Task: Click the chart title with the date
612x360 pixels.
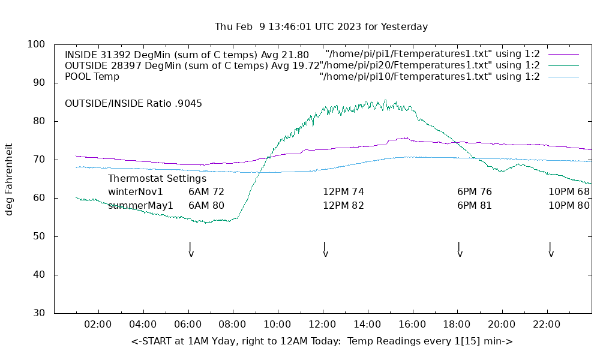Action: [321, 27]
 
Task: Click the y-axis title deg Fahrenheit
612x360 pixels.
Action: [9, 179]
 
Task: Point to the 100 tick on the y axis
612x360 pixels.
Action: [37, 44]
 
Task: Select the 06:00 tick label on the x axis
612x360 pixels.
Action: [188, 325]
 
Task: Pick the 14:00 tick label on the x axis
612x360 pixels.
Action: [367, 325]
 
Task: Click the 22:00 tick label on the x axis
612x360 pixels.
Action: [547, 325]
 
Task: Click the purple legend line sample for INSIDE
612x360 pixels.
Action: [563, 54]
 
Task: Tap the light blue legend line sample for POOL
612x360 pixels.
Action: [563, 77]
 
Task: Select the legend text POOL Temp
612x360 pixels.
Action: [92, 77]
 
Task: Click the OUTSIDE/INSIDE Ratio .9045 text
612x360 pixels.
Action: [133, 103]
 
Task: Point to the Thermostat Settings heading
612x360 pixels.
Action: [157, 178]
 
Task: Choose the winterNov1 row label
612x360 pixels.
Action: [136, 192]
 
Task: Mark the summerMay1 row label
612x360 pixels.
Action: [140, 205]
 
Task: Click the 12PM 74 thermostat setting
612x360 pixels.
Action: [343, 192]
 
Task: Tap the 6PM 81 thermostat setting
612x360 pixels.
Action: [475, 205]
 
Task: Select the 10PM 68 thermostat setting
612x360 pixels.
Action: [569, 192]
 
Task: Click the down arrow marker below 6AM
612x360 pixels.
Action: [191, 250]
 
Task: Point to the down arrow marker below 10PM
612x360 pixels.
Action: [550, 250]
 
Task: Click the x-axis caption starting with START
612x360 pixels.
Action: [322, 341]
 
